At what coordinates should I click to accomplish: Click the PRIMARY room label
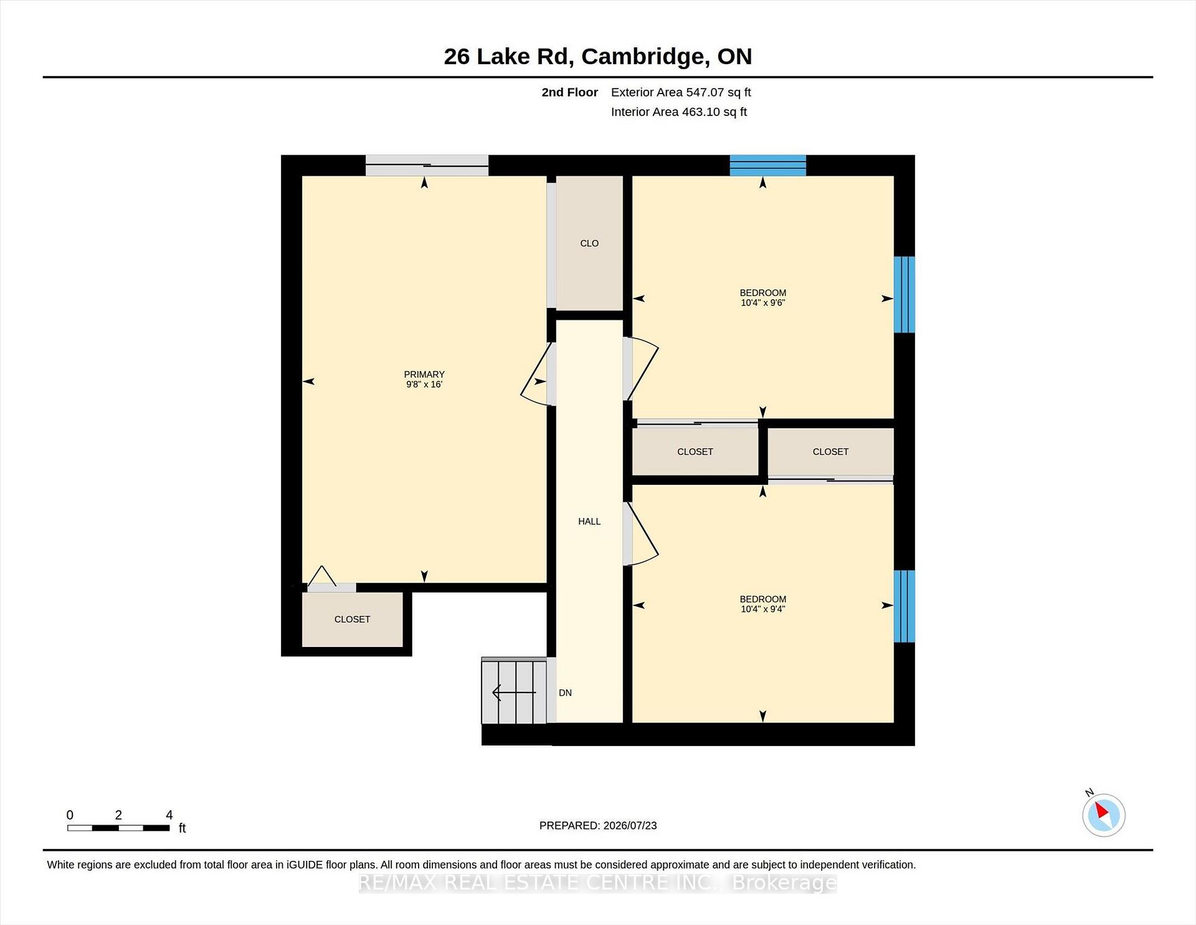point(424,374)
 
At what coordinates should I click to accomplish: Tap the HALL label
point(589,521)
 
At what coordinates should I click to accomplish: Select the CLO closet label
point(589,243)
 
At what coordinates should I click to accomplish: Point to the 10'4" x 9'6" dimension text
point(762,303)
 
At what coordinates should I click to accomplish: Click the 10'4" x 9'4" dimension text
point(762,609)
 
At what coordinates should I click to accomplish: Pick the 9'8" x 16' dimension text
point(424,385)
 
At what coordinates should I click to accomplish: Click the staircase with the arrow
point(515,691)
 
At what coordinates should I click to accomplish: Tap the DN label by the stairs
point(565,693)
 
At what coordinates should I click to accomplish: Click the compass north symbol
point(1103,814)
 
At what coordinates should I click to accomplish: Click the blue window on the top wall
point(768,165)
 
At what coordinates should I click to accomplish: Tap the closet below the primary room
point(352,619)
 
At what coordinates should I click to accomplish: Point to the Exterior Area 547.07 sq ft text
point(681,92)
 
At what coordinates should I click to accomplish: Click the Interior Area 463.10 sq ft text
point(678,112)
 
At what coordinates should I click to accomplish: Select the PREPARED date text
point(598,825)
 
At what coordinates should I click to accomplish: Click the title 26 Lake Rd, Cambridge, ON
point(598,56)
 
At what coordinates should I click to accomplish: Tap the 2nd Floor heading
point(569,92)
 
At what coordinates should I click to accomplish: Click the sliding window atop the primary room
point(427,165)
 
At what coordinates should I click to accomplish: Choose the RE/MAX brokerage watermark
point(598,883)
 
